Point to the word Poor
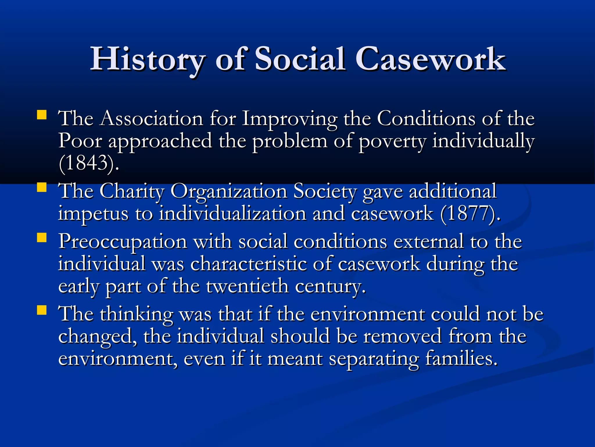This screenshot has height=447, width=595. coord(80,141)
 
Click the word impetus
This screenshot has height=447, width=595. coord(93,214)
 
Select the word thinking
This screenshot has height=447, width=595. coord(137,315)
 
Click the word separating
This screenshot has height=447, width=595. coord(374,359)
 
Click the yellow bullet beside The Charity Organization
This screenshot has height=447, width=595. coord(42,187)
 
